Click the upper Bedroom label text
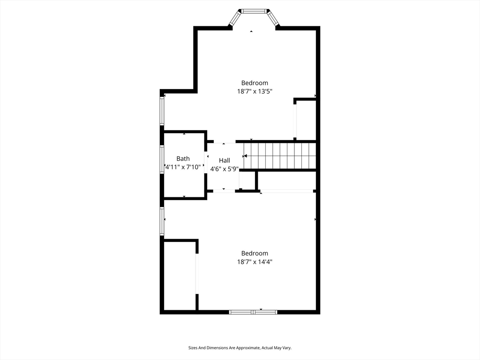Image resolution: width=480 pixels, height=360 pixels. tap(255, 83)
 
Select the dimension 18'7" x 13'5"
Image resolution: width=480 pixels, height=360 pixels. tap(255, 92)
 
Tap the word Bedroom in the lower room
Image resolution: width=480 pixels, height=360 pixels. tap(255, 253)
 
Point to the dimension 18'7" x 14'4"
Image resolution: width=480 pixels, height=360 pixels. tap(255, 262)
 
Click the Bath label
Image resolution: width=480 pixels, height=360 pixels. tap(183, 158)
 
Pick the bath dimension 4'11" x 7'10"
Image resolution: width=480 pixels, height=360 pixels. tap(183, 167)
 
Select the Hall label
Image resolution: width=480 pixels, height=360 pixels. tap(225, 160)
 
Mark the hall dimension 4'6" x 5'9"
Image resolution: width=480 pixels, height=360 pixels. tap(225, 169)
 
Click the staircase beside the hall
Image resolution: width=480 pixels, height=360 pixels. tap(280, 156)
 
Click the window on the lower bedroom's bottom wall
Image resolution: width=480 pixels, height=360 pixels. tap(253, 312)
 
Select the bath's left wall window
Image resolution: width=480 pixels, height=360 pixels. tap(162, 159)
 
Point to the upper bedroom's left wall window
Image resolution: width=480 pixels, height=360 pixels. tap(162, 111)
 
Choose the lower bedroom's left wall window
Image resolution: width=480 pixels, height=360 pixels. tap(162, 221)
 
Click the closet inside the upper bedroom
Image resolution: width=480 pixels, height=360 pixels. tap(306, 120)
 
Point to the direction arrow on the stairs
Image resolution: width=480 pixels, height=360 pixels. tap(245, 156)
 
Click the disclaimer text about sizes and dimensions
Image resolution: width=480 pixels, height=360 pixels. tap(240, 348)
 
